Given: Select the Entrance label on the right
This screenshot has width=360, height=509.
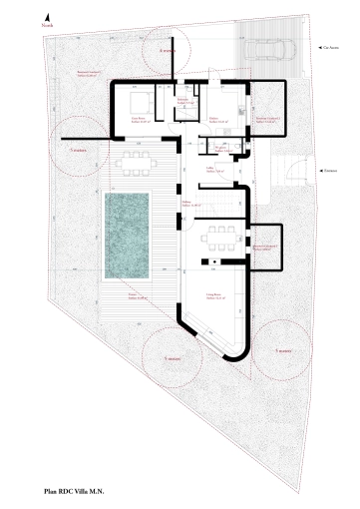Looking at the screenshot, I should pos(332,171).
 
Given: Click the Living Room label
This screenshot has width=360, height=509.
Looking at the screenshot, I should pos(215,293).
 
